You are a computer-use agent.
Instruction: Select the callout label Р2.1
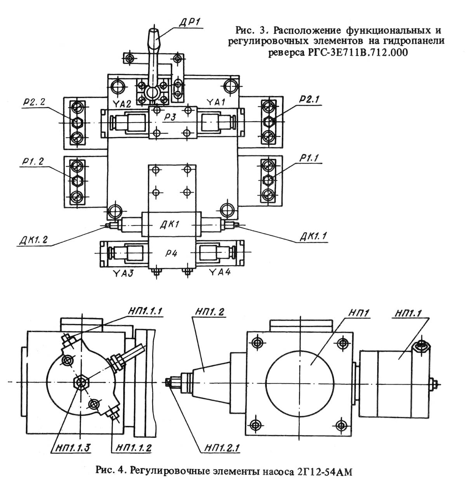(309, 100)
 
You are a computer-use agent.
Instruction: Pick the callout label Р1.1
(310, 158)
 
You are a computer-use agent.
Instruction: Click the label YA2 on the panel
(122, 103)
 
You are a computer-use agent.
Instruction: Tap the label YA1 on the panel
(216, 102)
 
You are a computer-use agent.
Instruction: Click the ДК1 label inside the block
(170, 225)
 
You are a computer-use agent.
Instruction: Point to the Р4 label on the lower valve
(171, 253)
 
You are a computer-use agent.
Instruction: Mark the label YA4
(220, 272)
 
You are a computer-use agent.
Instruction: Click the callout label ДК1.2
(33, 240)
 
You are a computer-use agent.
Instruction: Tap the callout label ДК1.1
(314, 236)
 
